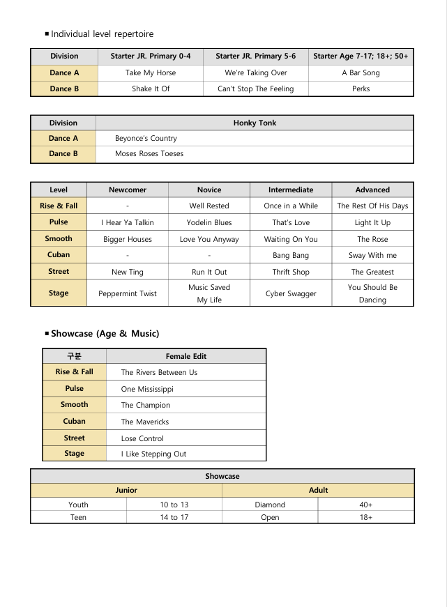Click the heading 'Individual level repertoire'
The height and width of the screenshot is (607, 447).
click(x=102, y=33)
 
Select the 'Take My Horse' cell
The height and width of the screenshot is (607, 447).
click(x=151, y=72)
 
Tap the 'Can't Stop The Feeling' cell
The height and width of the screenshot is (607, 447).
click(x=255, y=89)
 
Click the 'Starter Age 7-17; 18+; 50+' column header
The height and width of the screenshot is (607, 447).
click(x=361, y=56)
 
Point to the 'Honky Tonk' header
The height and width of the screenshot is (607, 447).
click(x=255, y=123)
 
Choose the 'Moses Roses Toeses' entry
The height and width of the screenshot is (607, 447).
click(x=149, y=153)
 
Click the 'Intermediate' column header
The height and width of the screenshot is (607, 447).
click(x=291, y=190)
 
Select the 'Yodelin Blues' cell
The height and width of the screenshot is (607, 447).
click(x=209, y=222)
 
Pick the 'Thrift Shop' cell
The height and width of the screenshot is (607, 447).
click(x=291, y=272)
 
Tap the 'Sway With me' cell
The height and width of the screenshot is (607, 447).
click(x=372, y=255)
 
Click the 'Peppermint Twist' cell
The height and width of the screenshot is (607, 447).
click(x=128, y=293)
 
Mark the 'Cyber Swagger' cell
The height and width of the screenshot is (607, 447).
click(x=291, y=293)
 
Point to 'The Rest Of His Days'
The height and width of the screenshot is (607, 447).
click(x=372, y=206)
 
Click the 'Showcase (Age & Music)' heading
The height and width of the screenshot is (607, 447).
click(x=105, y=334)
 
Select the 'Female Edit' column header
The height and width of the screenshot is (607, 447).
click(x=186, y=356)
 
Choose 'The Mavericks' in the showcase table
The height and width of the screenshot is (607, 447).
click(x=145, y=422)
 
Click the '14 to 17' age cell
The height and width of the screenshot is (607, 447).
click(x=174, y=517)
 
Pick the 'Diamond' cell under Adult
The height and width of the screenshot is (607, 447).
click(x=270, y=505)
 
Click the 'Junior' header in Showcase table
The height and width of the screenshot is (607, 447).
click(x=126, y=490)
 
